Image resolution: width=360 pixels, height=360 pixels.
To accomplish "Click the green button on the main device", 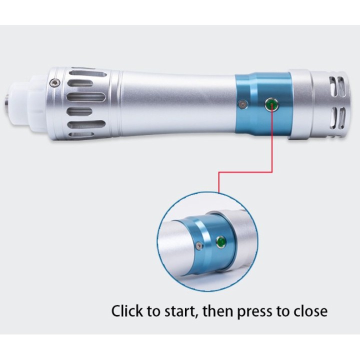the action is coord(271,104).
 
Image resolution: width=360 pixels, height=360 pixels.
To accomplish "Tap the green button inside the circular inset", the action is coord(221,242).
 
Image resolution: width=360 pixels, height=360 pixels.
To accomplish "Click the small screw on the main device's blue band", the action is coord(242,104).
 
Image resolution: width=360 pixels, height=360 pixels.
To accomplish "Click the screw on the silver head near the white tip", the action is coord(55,82).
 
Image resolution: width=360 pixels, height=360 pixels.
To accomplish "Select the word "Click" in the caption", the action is coord(126,311).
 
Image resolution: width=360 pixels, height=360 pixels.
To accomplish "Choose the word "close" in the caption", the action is coord(310,311).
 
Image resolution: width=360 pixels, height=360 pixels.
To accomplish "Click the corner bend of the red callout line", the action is coord(272,171).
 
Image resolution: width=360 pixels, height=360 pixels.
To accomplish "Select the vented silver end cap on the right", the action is coord(330,104).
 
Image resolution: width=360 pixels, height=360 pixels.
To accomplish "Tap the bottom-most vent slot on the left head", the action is coord(81,135).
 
